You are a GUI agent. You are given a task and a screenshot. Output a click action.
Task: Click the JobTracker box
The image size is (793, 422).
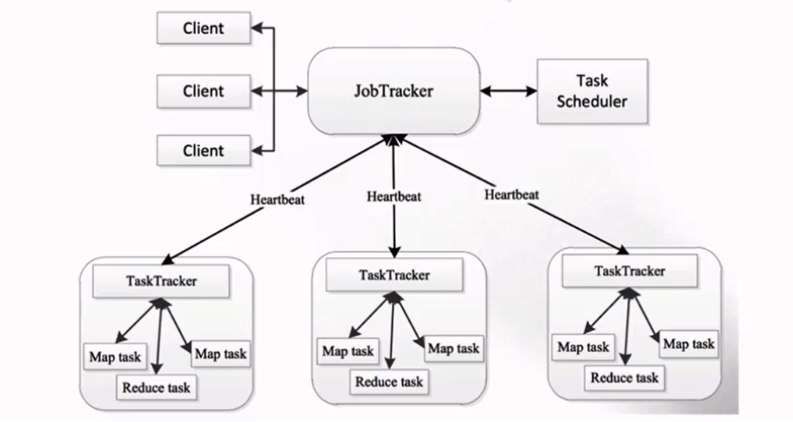pos(393,91)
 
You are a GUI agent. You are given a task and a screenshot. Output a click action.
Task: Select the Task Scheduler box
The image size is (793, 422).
pos(592,91)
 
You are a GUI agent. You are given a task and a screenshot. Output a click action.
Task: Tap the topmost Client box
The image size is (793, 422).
pos(203,28)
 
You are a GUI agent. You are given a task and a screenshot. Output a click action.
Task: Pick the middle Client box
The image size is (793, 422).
pos(203,91)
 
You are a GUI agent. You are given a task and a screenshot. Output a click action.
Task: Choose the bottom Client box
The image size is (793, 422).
pos(203,150)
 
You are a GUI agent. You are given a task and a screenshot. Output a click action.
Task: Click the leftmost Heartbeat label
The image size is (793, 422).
pos(277,200)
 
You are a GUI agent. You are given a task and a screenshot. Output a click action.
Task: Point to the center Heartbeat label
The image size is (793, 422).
pos(394,196)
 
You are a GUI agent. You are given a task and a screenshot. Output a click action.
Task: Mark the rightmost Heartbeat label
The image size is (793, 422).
pos(512,194)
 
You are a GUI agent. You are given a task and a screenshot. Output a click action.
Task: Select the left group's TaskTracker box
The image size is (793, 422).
pos(161,281)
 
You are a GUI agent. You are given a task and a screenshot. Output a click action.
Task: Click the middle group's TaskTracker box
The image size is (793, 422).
pos(394,275)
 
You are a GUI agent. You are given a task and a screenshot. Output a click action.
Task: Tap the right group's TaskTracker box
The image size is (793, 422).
pos(630,271)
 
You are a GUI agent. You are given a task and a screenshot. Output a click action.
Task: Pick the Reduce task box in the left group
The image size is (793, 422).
pos(156,387)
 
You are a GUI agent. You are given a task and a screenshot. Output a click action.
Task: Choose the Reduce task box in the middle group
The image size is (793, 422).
pos(389,382)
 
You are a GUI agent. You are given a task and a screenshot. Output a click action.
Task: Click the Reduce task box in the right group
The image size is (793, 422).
pos(625,377)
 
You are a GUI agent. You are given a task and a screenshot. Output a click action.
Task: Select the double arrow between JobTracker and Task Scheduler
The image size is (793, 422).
pos(508,91)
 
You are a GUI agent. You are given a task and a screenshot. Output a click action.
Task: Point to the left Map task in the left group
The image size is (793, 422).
pos(115,357)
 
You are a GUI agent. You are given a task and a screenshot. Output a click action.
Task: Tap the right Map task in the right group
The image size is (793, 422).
pos(689,344)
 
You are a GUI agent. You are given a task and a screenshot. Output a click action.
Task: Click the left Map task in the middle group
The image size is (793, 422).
pos(348,350)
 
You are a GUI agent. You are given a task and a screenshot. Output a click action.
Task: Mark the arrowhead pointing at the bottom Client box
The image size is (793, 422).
pos(256,150)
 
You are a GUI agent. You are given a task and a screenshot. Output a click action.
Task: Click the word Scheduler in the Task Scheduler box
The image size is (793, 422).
pos(592,101)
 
